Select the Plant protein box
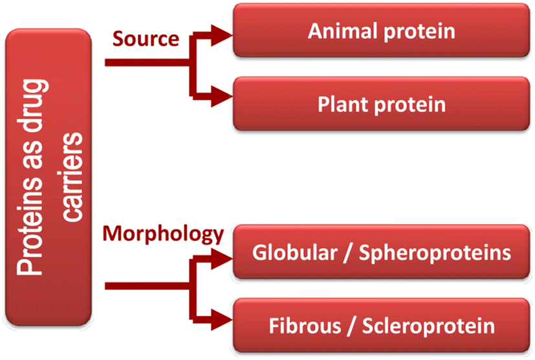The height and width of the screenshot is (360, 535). click(x=382, y=104)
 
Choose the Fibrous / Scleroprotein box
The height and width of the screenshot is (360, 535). click(x=382, y=325)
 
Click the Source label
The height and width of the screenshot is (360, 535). click(x=146, y=38)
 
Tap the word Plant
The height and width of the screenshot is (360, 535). click(x=340, y=104)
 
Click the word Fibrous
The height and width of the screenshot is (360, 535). click(x=296, y=325)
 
